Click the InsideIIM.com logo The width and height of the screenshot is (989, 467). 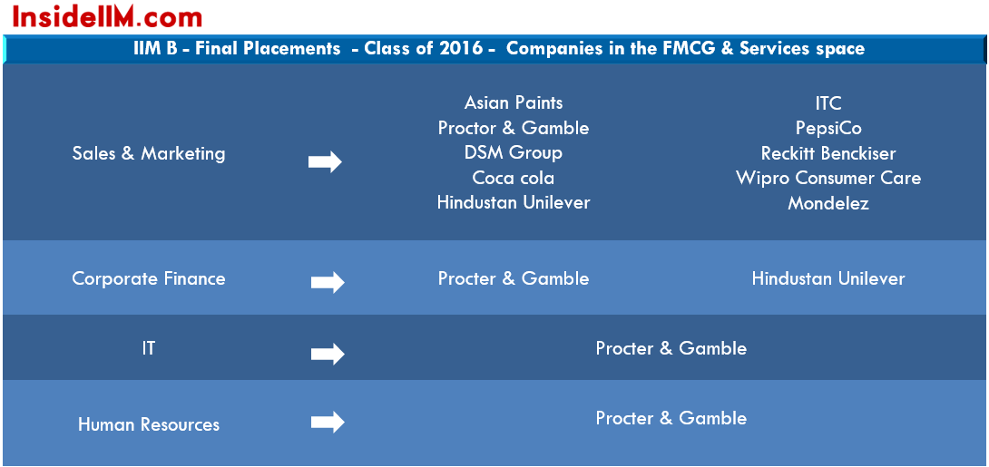pyautogui.click(x=107, y=17)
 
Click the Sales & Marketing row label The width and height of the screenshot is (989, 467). pyautogui.click(x=149, y=153)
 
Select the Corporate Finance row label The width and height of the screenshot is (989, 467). pyautogui.click(x=149, y=278)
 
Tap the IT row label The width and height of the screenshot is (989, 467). pyautogui.click(x=148, y=348)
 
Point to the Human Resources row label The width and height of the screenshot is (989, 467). pyautogui.click(x=149, y=424)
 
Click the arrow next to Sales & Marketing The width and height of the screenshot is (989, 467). pyautogui.click(x=325, y=162)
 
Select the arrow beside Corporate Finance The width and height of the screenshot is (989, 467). pyautogui.click(x=328, y=283)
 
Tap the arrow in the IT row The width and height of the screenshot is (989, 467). pyautogui.click(x=328, y=355)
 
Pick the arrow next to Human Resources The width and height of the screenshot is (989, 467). pyautogui.click(x=328, y=423)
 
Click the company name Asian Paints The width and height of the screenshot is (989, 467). pyautogui.click(x=514, y=102)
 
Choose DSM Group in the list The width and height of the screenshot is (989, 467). pyautogui.click(x=514, y=152)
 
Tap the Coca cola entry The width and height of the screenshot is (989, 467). pyautogui.click(x=514, y=178)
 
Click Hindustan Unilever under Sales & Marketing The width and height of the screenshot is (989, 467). pyautogui.click(x=514, y=202)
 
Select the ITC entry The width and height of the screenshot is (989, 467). pyautogui.click(x=828, y=102)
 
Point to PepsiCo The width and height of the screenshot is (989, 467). pyautogui.click(x=828, y=128)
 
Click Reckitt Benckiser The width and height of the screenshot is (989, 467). pyautogui.click(x=828, y=153)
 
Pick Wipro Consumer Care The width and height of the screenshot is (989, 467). pyautogui.click(x=828, y=178)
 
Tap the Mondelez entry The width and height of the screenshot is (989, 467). pyautogui.click(x=828, y=203)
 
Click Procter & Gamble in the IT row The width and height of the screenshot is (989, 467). pyautogui.click(x=671, y=348)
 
